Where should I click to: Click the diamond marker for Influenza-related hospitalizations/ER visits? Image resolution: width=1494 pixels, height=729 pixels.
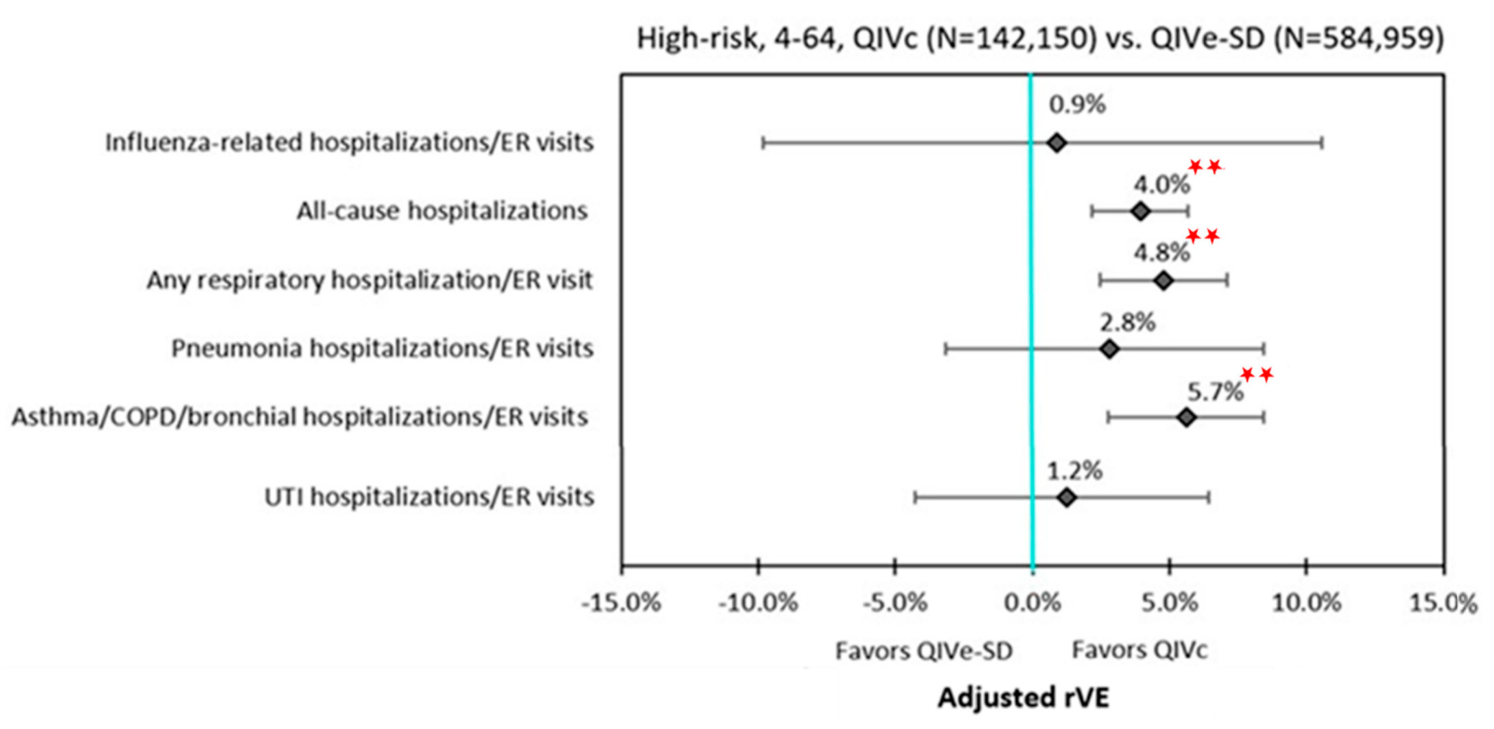[1057, 143]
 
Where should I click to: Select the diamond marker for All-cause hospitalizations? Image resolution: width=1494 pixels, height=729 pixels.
[1140, 211]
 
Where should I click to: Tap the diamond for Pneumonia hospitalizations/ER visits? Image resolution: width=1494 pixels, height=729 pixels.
[1109, 349]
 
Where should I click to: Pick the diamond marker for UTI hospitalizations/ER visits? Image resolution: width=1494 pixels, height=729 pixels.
[1067, 497]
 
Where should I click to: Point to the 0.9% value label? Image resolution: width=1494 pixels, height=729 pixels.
[1077, 105]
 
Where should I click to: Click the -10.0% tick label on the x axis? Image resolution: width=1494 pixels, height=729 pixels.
[758, 604]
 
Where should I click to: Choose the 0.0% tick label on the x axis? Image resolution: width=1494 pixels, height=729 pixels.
[1032, 604]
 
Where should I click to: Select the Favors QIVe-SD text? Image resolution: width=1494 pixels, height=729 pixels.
[924, 651]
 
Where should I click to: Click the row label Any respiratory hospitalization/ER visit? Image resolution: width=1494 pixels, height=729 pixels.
[370, 280]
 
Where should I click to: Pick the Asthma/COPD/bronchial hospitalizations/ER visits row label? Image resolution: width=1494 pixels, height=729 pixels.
[300, 417]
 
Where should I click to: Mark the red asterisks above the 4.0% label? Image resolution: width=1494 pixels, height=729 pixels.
[1205, 167]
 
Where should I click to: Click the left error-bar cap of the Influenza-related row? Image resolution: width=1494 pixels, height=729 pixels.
[763, 143]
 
